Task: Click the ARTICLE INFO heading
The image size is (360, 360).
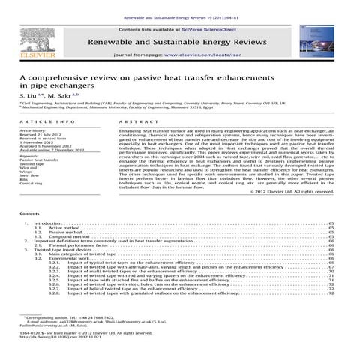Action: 46,120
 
